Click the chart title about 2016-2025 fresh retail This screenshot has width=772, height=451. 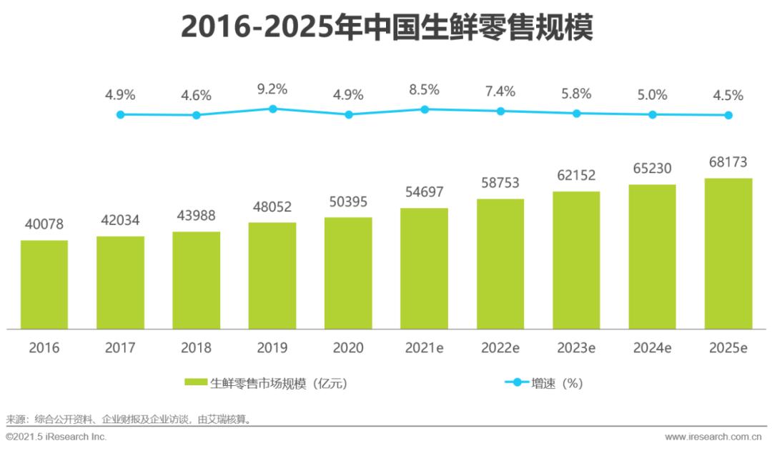(386, 28)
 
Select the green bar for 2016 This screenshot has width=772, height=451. (44, 284)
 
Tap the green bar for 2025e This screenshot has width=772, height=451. (728, 254)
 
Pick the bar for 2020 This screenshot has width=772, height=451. (348, 273)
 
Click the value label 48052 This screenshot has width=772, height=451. (272, 207)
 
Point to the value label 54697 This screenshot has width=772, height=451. (424, 192)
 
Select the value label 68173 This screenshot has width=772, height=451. (728, 163)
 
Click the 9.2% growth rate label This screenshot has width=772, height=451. (272, 89)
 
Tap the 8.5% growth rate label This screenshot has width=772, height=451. (424, 90)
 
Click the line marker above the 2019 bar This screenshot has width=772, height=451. (272, 109)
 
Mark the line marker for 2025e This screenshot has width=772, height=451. (728, 115)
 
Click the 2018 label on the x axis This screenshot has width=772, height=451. (196, 348)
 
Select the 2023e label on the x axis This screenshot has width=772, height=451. (576, 348)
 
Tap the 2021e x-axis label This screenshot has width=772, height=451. (424, 348)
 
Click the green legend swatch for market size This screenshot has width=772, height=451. (196, 383)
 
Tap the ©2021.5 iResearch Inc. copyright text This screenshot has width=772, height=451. (56, 436)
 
